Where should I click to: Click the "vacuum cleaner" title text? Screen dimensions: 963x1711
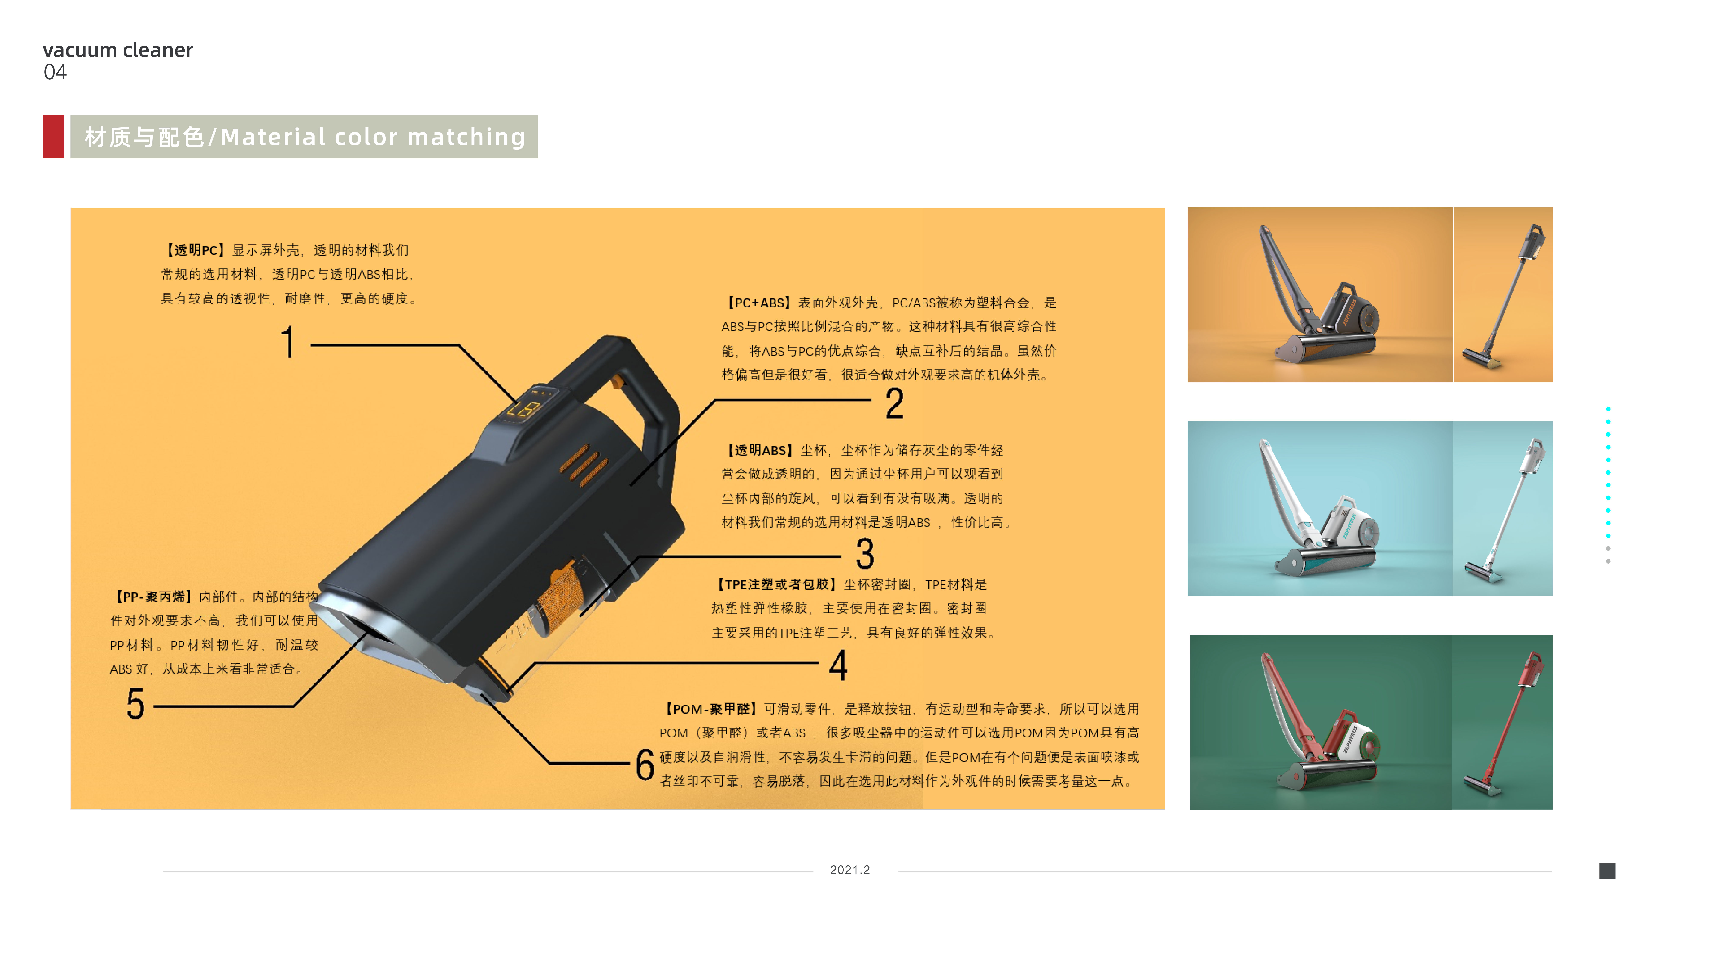[x=118, y=50]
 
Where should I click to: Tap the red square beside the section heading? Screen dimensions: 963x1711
[x=53, y=136]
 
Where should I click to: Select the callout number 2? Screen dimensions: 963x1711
[x=894, y=404]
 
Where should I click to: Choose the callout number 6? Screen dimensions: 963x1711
[x=644, y=764]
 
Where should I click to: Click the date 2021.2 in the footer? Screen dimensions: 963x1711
[x=850, y=870]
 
